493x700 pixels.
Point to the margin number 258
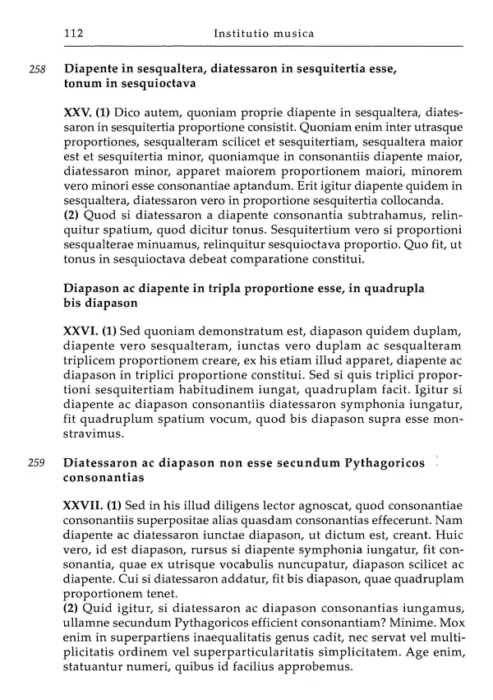point(36,69)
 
